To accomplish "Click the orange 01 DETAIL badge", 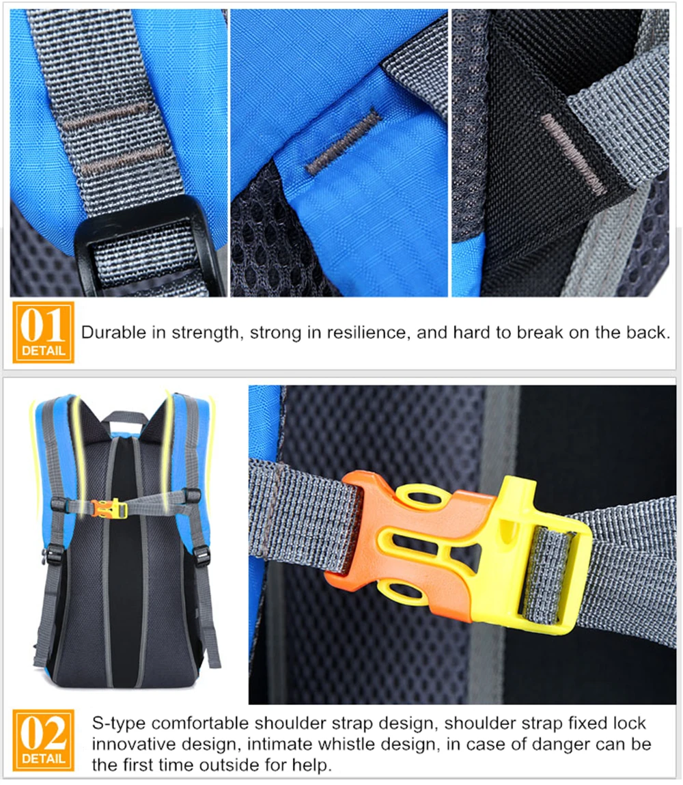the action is (x=43, y=332).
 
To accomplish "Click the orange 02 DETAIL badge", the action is (x=43, y=740).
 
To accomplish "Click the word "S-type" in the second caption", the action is (x=119, y=724).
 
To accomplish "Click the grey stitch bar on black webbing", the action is (x=574, y=154).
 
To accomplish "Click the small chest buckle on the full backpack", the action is (x=109, y=509).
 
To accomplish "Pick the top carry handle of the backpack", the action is (x=126, y=418).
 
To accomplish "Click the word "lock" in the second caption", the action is (x=630, y=724).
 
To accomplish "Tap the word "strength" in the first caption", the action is (x=205, y=333).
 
